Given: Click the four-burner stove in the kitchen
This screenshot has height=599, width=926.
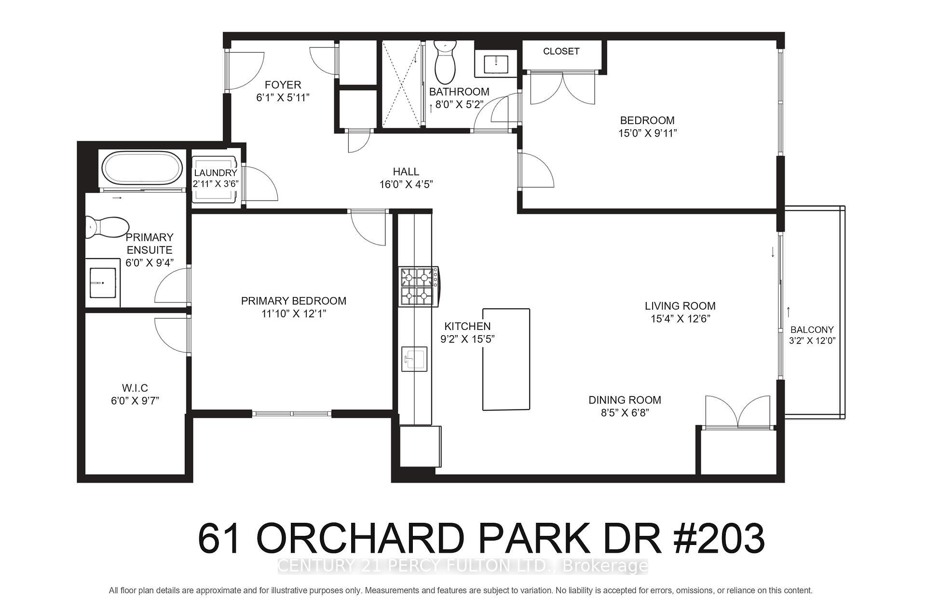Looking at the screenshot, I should [x=418, y=286].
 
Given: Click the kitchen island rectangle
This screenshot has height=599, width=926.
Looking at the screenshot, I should [x=506, y=359].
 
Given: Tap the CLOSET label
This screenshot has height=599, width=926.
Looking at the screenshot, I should [x=561, y=51].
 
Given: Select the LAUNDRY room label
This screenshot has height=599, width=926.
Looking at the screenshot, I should [x=216, y=173].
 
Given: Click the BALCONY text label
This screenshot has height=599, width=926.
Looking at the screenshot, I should [x=812, y=330].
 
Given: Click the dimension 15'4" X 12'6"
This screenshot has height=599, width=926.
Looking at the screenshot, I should [x=680, y=319].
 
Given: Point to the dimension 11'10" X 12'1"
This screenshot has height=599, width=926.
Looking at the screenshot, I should [x=293, y=313].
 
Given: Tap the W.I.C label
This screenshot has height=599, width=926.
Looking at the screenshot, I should [x=135, y=388].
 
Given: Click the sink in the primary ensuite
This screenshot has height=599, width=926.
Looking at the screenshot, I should [x=103, y=283].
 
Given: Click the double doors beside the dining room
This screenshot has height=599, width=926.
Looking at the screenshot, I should [x=737, y=414].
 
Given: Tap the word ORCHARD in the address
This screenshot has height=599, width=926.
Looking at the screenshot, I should [x=361, y=539].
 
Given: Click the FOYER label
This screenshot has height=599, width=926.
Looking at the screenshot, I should [x=283, y=85].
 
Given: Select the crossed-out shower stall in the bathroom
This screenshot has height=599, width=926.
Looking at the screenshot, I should [x=402, y=84].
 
